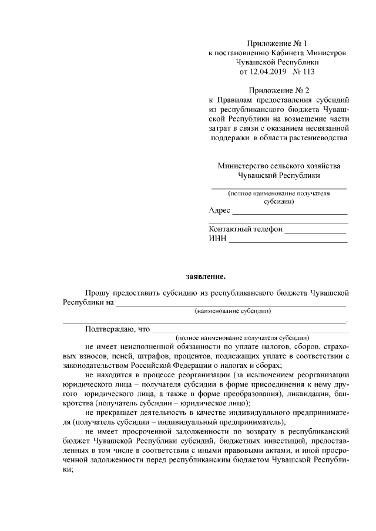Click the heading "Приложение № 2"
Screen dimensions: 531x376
point(278,90)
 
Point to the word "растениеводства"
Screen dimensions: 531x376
point(318,138)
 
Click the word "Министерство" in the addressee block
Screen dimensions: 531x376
point(243,166)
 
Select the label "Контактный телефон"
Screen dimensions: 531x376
point(246,229)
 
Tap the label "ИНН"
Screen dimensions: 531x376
point(217,239)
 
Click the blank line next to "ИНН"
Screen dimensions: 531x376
point(288,241)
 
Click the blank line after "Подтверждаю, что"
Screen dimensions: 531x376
point(250,332)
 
